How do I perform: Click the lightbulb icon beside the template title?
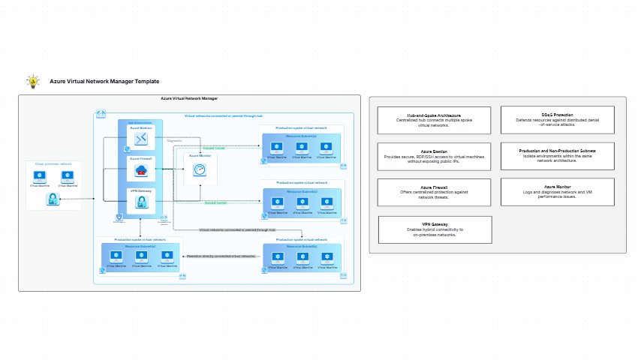point(32,81)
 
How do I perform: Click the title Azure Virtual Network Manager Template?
point(104,81)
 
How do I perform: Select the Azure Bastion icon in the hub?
point(140,139)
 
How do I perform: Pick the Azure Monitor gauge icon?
point(199,169)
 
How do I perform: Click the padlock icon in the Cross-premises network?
point(53,199)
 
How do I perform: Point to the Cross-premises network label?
point(53,163)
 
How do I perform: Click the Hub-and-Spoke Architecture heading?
point(434,115)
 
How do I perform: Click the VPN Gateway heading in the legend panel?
point(434,224)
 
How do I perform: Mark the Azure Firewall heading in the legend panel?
point(434,186)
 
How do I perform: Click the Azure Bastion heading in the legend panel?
point(434,151)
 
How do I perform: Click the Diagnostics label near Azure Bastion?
point(174,140)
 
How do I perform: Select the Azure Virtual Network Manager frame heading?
point(189,98)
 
